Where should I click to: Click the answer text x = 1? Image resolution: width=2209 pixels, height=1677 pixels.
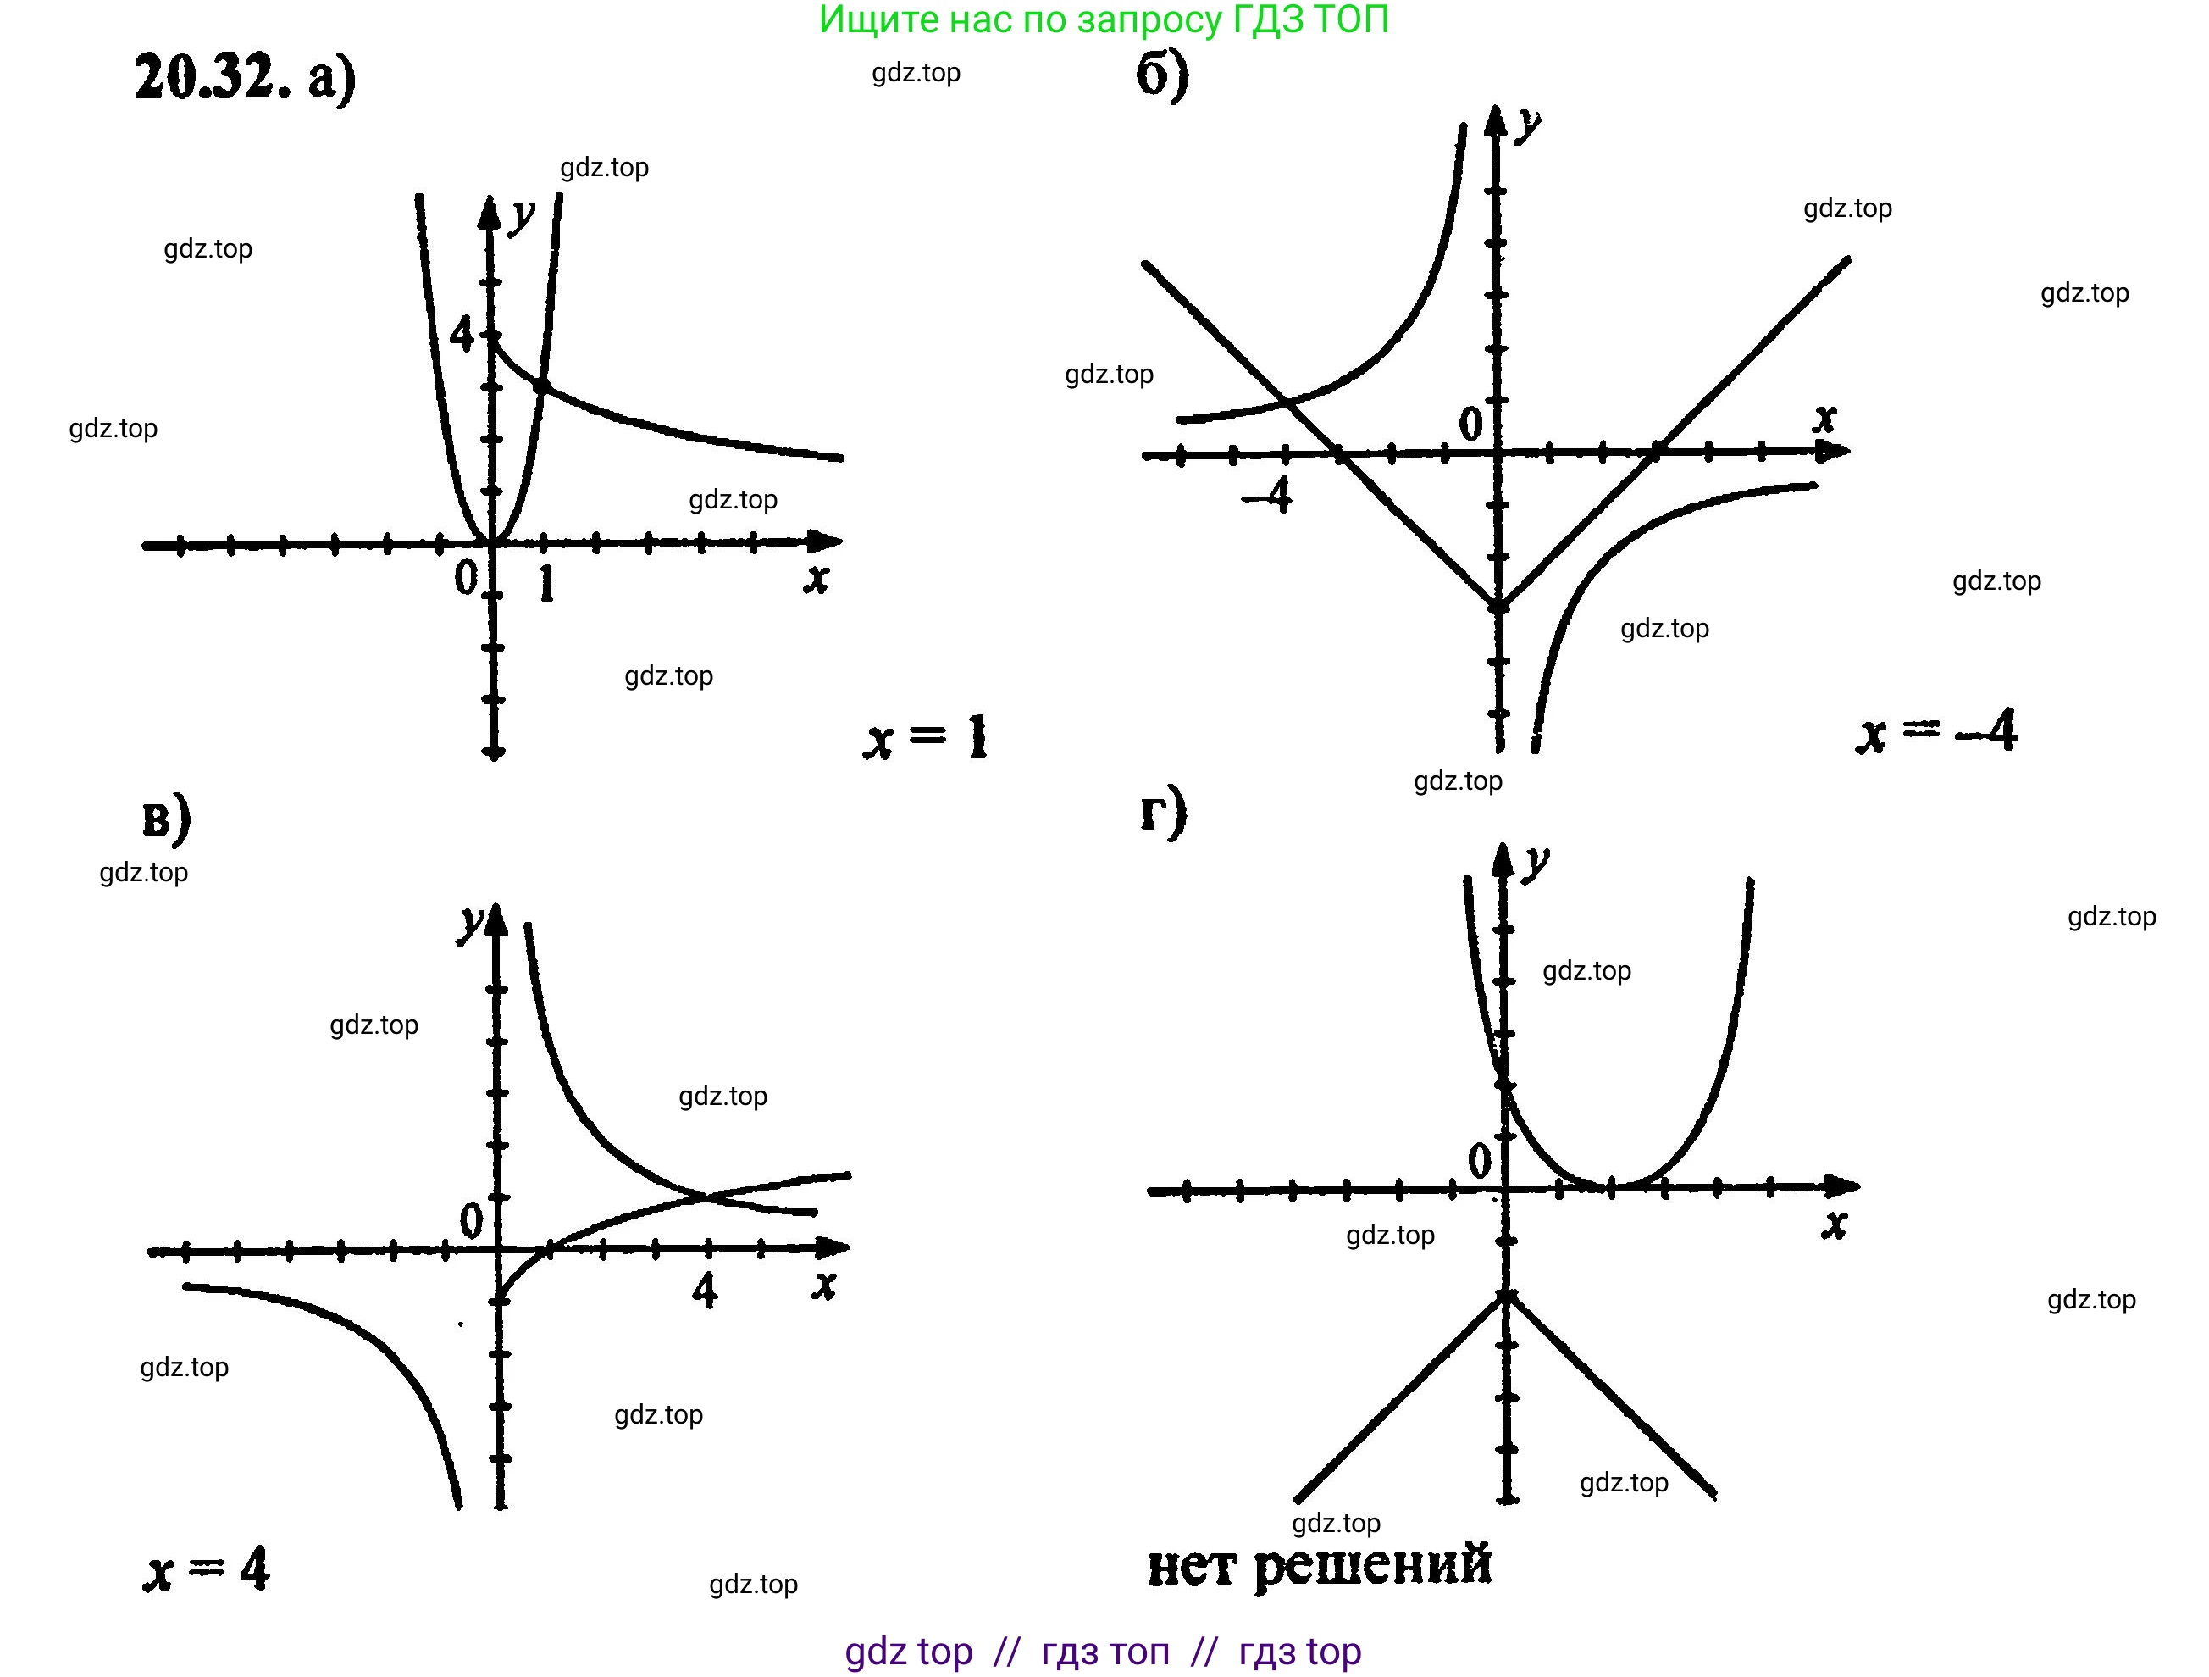click(925, 738)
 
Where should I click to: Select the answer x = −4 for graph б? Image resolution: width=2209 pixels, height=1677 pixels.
click(1935, 732)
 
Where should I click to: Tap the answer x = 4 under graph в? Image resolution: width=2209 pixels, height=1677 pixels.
click(207, 1570)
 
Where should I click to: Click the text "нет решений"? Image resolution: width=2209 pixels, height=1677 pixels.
click(1318, 1564)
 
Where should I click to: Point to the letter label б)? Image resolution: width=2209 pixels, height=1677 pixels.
click(1162, 74)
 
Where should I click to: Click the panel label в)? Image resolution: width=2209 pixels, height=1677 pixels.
click(166, 819)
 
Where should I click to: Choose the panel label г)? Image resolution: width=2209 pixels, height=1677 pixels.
click(1162, 811)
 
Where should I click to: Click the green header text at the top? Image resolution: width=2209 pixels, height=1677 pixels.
click(1104, 20)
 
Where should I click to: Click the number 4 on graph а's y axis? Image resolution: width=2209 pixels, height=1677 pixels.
click(462, 334)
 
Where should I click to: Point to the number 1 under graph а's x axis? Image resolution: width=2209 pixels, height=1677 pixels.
click(545, 583)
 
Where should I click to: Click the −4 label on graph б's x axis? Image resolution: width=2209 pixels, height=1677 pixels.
click(1268, 494)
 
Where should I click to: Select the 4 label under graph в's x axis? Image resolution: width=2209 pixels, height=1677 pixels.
click(705, 1290)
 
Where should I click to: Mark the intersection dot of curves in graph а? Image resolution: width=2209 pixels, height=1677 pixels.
click(541, 386)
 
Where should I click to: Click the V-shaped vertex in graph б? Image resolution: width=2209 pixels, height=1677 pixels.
click(1498, 606)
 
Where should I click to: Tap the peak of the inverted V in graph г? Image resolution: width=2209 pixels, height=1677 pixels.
click(1507, 1296)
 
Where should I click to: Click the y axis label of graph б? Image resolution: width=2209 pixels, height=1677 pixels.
click(1527, 126)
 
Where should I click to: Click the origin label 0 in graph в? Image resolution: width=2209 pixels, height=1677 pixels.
click(470, 1219)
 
